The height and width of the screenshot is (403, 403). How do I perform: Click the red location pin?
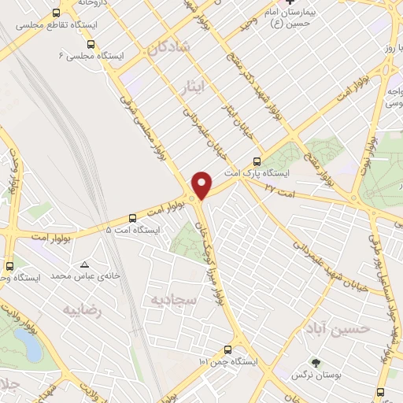tap(202, 184)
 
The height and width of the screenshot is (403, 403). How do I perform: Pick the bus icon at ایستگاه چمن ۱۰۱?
tap(227, 349)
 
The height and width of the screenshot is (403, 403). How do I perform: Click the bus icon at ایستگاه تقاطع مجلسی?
tap(55, 13)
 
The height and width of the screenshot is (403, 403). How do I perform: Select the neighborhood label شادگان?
tap(167, 48)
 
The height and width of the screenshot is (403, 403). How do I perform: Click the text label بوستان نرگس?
tap(333, 376)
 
